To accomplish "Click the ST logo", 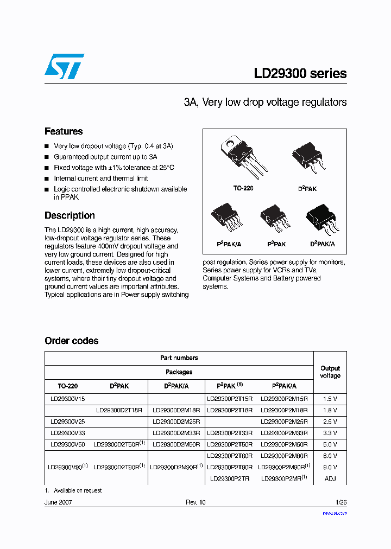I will pyautogui.click(x=64, y=67).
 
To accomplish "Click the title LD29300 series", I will pyautogui.click(x=300, y=74).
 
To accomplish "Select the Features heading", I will pyautogui.click(x=64, y=131).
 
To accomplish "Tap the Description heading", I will pyautogui.click(x=70, y=215).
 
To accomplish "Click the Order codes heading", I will pyautogui.click(x=72, y=341).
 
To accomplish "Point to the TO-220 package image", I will pyautogui.click(x=243, y=157).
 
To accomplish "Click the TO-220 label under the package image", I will pyautogui.click(x=243, y=188).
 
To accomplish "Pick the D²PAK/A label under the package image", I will pyautogui.click(x=323, y=244).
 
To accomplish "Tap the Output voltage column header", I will pyautogui.click(x=330, y=372).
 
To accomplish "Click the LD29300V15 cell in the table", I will pyautogui.click(x=68, y=399).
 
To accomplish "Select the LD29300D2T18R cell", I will pyautogui.click(x=119, y=410).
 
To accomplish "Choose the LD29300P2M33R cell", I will pyautogui.click(x=284, y=433).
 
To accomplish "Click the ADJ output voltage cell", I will pyautogui.click(x=330, y=478).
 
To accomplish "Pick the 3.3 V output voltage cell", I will pyautogui.click(x=330, y=433).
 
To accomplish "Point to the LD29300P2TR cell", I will pyautogui.click(x=229, y=478).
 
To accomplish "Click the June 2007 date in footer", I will pyautogui.click(x=58, y=502).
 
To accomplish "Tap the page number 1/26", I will pyautogui.click(x=340, y=502).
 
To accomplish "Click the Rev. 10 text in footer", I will pyautogui.click(x=195, y=502).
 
